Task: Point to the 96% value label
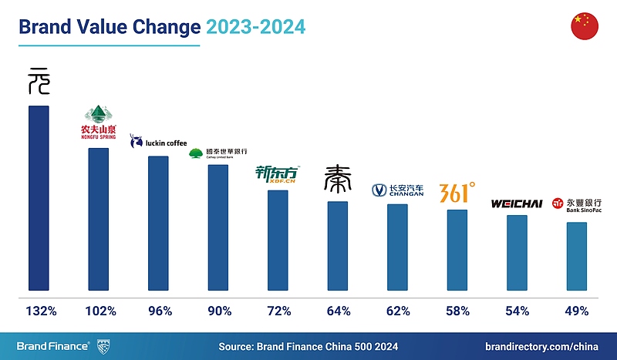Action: (x=160, y=311)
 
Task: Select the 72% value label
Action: (x=278, y=311)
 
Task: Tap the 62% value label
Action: (x=398, y=311)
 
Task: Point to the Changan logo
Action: (x=398, y=190)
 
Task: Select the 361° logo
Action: (x=457, y=192)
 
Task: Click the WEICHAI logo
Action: (x=517, y=204)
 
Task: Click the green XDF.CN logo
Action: (x=277, y=176)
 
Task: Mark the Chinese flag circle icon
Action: (x=585, y=26)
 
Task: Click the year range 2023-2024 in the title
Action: (x=255, y=27)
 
